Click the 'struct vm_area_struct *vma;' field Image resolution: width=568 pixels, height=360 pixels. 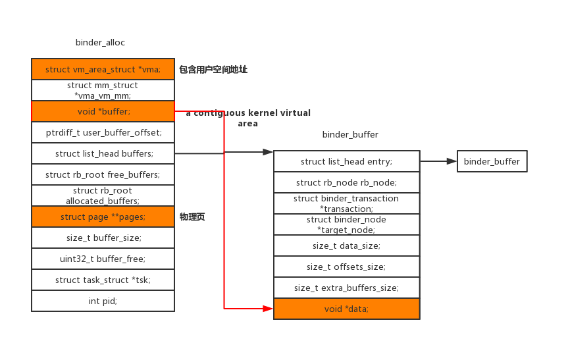(x=103, y=69)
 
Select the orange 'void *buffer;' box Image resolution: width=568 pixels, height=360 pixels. (x=103, y=111)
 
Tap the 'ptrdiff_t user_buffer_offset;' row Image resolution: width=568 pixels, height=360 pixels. (x=103, y=132)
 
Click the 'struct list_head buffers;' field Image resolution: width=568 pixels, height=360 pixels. (x=103, y=153)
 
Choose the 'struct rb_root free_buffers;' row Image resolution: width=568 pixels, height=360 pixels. (x=103, y=174)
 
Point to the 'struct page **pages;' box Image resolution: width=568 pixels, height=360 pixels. (x=103, y=217)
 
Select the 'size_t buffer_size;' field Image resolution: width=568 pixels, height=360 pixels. (x=103, y=238)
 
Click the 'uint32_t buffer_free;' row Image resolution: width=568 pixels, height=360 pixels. (x=103, y=259)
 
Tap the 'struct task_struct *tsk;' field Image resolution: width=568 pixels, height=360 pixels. (x=103, y=280)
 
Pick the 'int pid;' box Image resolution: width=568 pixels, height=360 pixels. (x=103, y=301)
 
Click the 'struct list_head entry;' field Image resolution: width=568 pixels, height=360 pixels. (x=346, y=161)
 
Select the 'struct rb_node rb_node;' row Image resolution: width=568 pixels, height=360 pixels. (x=346, y=182)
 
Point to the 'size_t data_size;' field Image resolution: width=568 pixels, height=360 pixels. (x=346, y=245)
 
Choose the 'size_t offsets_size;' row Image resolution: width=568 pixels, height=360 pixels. (x=346, y=267)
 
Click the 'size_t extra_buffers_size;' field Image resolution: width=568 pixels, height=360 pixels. (x=346, y=288)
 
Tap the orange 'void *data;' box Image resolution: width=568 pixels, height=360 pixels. (x=346, y=309)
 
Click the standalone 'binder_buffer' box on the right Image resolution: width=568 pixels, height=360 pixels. (x=492, y=161)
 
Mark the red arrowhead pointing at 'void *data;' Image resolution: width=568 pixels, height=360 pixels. (x=268, y=308)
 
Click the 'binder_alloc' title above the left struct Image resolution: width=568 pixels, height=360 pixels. (x=100, y=43)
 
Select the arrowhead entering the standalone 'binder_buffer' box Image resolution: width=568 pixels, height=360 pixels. (x=452, y=161)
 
